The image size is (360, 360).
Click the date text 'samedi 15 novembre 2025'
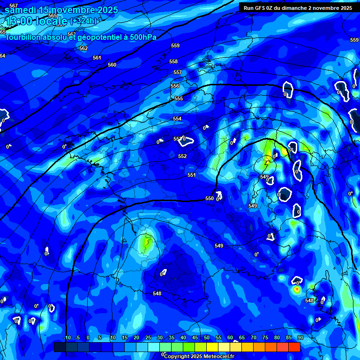(61, 10)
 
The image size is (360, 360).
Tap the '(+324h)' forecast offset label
(83, 21)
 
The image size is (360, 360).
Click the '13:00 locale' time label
(36, 21)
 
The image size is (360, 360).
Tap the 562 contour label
(83, 48)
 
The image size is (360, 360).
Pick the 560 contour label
(112, 65)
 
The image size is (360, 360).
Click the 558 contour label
(173, 61)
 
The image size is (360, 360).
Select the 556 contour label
(175, 86)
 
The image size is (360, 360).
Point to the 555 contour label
(178, 98)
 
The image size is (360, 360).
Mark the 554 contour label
(177, 119)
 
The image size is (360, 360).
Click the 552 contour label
(182, 156)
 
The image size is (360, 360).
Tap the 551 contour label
(191, 175)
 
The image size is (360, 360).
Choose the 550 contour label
(210, 198)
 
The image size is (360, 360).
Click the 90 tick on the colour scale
(300, 337)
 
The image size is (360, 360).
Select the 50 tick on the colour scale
(206, 337)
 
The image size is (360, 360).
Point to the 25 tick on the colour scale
(148, 337)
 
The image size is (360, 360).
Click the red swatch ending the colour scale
(294, 347)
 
